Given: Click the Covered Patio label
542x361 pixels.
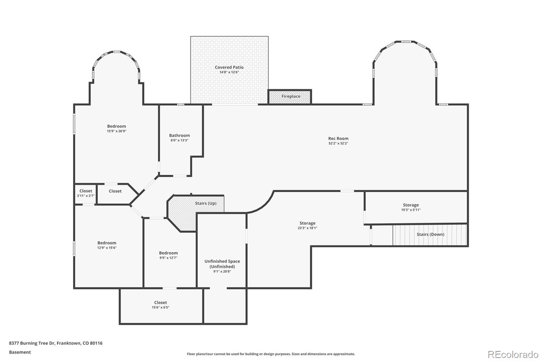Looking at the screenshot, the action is [x=229, y=67].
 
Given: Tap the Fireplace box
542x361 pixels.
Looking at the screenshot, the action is [x=290, y=97].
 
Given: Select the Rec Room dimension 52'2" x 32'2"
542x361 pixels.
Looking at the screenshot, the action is [x=338, y=143].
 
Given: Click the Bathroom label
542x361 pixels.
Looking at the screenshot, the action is [x=179, y=135].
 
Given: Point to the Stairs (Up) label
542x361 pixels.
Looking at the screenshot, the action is [x=206, y=203].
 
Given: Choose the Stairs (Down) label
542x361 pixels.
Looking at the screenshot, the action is [x=431, y=234].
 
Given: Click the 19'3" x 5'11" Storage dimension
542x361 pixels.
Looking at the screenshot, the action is [x=411, y=210].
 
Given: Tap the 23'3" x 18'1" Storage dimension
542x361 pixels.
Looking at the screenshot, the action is [x=307, y=228].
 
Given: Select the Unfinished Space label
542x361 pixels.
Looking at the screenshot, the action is [x=222, y=261].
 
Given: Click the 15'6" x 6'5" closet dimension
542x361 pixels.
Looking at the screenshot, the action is [x=161, y=307].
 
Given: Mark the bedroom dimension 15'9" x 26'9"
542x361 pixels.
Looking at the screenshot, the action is [x=117, y=131].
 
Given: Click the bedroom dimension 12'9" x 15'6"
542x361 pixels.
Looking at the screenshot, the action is [x=107, y=248].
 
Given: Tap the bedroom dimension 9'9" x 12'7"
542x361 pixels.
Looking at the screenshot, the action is [x=168, y=258].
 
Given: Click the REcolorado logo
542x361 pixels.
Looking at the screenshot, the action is [x=513, y=355].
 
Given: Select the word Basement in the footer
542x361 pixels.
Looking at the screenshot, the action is [x=20, y=352].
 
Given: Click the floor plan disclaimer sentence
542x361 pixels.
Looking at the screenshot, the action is [x=271, y=354].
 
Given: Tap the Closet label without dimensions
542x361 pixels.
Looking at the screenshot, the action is [x=115, y=191].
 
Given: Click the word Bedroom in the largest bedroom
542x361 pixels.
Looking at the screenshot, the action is [x=117, y=126].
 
